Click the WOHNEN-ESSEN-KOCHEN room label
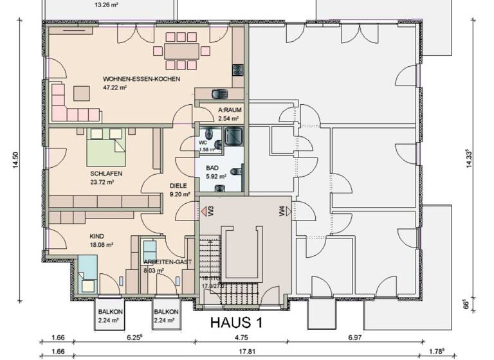141,79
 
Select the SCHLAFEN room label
106,174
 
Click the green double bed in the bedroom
106,148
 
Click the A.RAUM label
229,110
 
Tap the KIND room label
96,236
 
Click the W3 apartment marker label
203,211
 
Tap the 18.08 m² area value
101,245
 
